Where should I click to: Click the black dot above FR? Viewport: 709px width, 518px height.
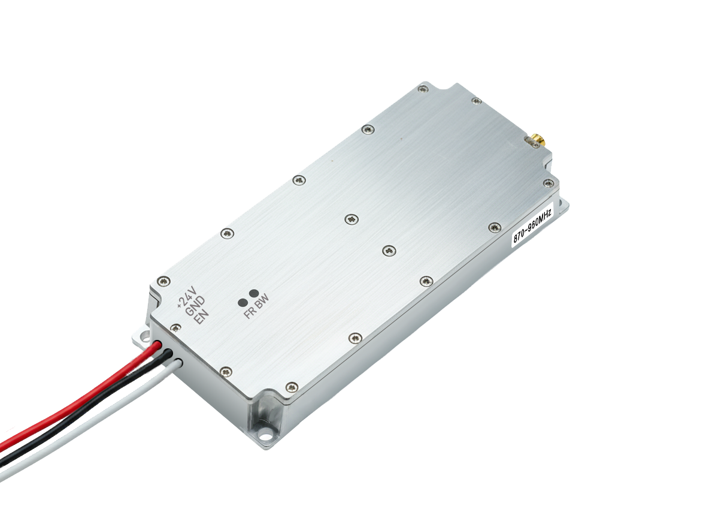[243, 302]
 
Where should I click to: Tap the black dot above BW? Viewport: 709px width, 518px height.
[254, 294]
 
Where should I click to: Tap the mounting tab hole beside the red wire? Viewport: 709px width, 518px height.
[143, 337]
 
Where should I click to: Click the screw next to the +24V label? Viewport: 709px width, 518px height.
[163, 281]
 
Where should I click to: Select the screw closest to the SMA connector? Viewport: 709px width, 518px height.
[477, 101]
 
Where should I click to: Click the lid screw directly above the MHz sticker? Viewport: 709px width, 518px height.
[495, 227]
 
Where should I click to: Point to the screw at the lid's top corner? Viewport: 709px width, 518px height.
[423, 89]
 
